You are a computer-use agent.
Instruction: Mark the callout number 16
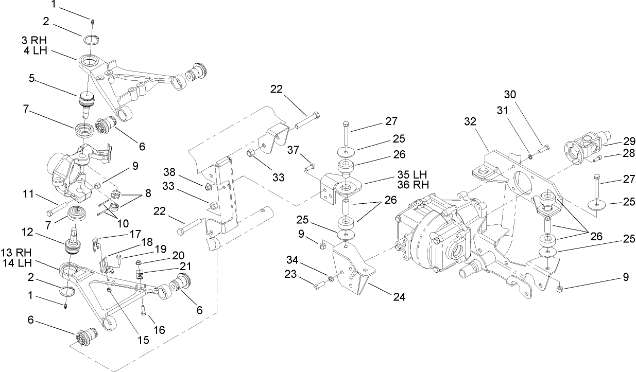(x=160, y=330)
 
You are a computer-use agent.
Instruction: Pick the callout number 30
(x=509, y=95)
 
